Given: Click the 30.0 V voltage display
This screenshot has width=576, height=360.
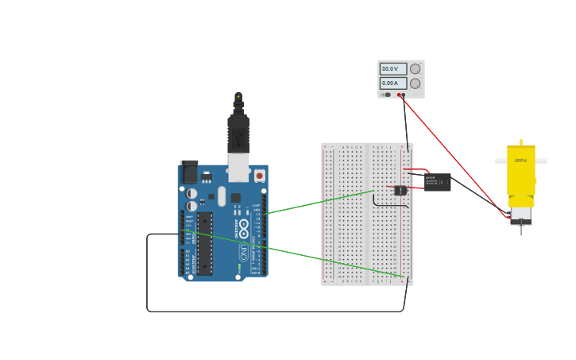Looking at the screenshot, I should [392, 69].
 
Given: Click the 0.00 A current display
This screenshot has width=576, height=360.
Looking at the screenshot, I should [392, 83].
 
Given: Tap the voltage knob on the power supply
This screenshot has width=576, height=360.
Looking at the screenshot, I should [415, 69].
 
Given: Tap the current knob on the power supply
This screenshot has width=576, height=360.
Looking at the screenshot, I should [415, 83].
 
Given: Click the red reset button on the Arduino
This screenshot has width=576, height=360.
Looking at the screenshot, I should [259, 176].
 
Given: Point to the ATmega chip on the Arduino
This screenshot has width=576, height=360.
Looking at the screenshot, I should [205, 243].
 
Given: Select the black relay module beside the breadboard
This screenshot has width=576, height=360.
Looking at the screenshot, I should [437, 182].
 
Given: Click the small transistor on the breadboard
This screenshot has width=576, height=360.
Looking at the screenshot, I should [400, 190].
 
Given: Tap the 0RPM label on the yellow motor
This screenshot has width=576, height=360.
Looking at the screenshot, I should [520, 161].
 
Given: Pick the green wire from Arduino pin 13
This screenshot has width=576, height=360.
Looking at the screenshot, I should [318, 202].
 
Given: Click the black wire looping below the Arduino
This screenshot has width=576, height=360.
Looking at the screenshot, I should [270, 311].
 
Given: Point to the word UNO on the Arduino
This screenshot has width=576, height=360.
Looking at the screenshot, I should [243, 253].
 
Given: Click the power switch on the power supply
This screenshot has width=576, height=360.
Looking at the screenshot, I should [387, 95].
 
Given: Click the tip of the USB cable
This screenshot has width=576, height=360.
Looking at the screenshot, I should [238, 97].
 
